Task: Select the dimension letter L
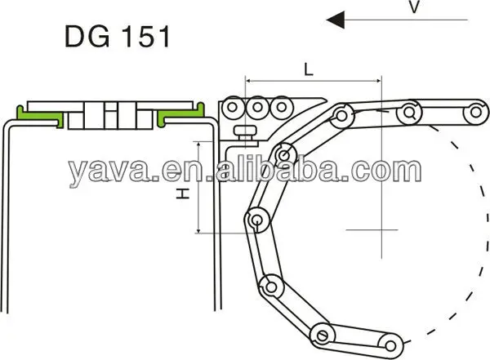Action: pyautogui.click(x=309, y=70)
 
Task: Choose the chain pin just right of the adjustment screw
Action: pyautogui.click(x=283, y=153)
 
